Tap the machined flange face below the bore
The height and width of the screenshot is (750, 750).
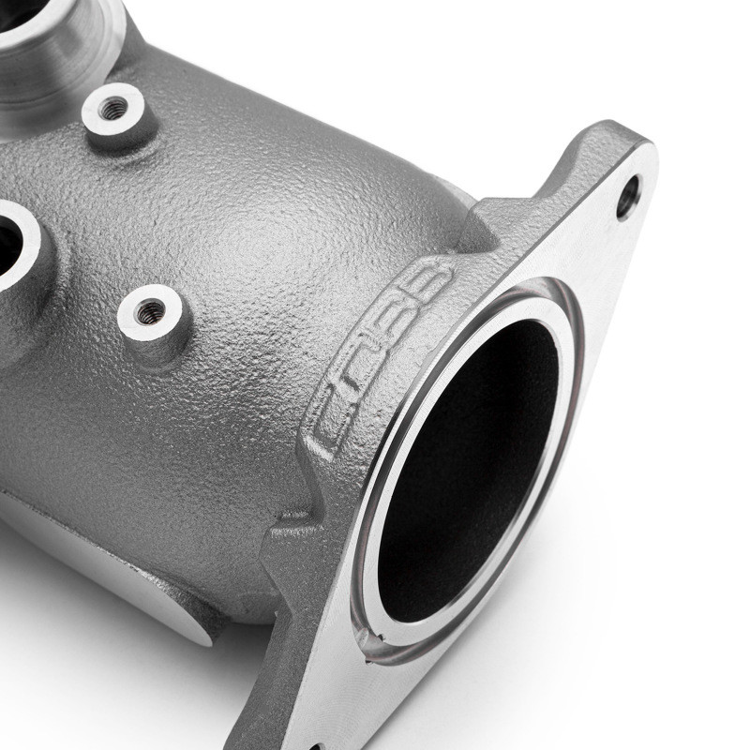click(394, 694)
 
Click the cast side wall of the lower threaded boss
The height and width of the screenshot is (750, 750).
click(159, 342)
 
